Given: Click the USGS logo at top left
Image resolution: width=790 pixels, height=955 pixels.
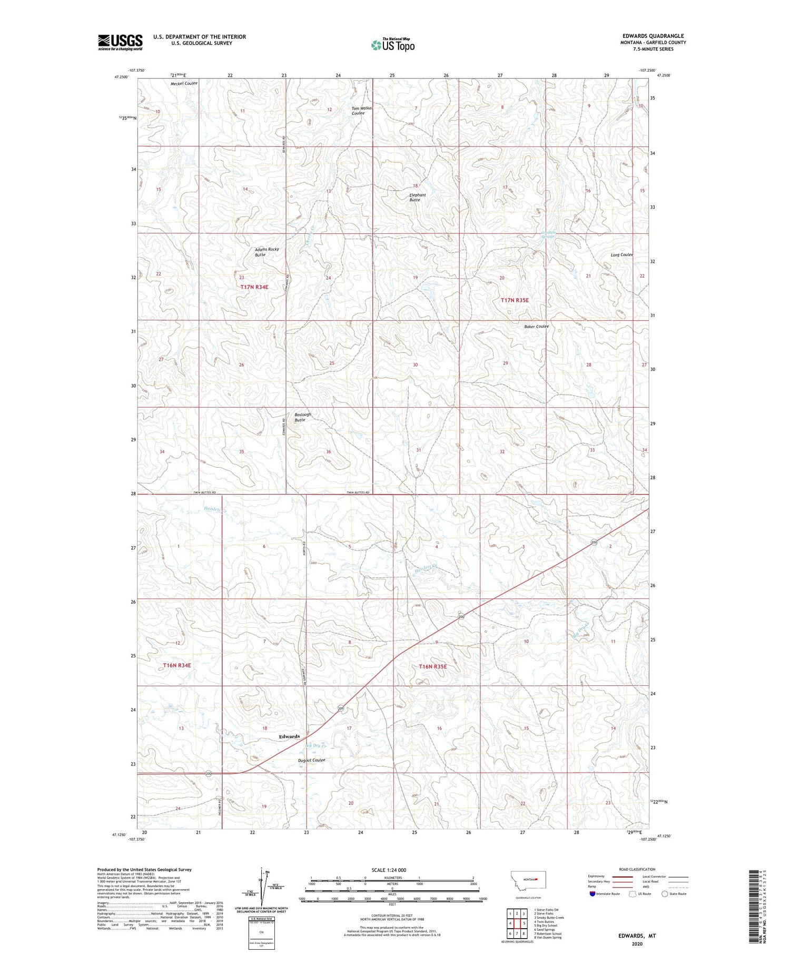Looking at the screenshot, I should click(120, 42).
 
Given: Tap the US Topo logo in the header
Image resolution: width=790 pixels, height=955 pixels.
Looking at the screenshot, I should click(393, 45).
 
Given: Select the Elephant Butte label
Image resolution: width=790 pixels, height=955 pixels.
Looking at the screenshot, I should click(418, 198).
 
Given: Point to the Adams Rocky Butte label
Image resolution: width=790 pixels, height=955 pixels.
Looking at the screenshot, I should click(266, 252).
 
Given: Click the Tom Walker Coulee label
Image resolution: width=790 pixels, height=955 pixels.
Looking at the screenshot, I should click(362, 111).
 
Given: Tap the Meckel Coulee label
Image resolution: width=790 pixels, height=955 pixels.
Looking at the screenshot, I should click(184, 84).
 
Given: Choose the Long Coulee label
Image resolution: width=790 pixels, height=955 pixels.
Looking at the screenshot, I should click(621, 255).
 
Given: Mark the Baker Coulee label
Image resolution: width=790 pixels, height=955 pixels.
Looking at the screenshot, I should click(536, 327).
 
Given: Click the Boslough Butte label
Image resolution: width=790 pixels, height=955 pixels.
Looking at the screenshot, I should click(302, 417).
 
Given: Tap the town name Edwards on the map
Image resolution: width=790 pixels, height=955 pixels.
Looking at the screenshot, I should click(289, 736).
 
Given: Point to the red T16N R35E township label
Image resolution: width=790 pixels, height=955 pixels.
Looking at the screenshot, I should click(432, 666).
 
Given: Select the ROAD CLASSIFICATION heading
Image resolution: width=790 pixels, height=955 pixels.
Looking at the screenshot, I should click(637, 869).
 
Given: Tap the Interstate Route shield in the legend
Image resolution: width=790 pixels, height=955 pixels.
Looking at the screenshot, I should click(592, 894).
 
